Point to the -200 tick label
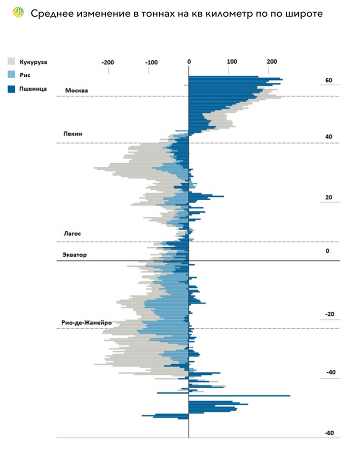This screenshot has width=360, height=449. point(107,62)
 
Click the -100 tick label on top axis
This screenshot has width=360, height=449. point(151,62)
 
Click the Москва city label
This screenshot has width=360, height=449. point(76,90)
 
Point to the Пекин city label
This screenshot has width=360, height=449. point(72,134)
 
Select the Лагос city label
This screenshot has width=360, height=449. point(72,233)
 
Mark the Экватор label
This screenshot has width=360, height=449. point(74,255)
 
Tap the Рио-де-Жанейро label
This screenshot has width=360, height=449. point(86,322)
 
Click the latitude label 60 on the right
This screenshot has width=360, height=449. point(328,80)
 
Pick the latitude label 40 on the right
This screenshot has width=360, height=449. point(329,137)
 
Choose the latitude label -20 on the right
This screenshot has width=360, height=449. point(329,314)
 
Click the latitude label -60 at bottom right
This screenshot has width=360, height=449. point(329,433)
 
